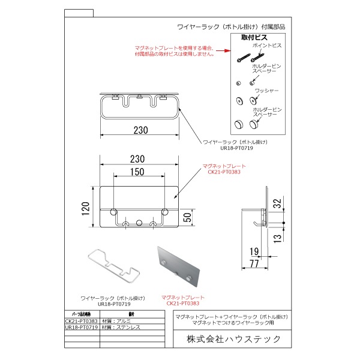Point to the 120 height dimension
pos(86,207)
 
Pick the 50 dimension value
pos(188,217)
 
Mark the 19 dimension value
pos(254,251)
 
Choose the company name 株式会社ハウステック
pos(234,339)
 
